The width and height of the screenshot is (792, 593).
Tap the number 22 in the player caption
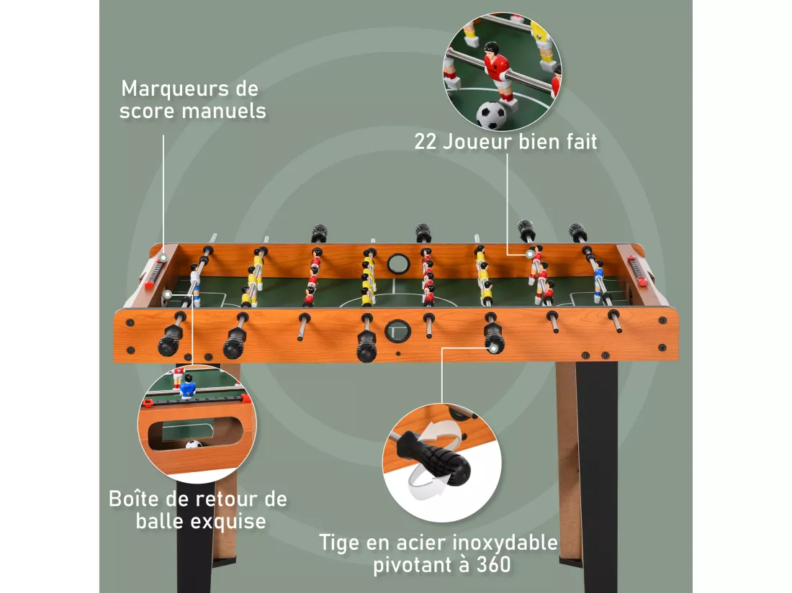426,142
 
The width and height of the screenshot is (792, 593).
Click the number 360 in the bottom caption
492,565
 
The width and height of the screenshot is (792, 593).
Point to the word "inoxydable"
505,543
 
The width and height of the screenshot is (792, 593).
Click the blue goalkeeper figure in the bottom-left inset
188,386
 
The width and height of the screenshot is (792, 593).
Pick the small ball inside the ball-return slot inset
194,444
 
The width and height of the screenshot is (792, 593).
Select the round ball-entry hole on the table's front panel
398,331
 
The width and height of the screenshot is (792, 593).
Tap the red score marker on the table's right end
637,271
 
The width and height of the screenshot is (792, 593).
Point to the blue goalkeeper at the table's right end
598,281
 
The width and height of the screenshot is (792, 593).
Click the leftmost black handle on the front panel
170,339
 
